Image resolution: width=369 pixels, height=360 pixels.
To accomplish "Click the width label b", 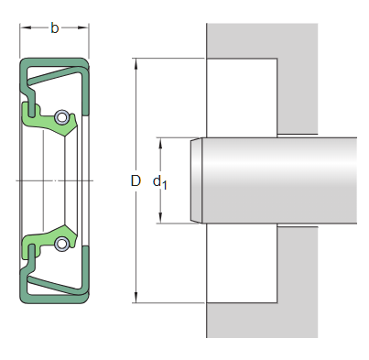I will pos(54,29).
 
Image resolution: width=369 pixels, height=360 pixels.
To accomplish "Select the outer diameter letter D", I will pos(136,181).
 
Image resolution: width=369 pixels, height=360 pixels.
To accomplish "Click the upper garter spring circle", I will pos(61,117).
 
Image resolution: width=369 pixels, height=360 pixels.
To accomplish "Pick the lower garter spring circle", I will pos(61,244).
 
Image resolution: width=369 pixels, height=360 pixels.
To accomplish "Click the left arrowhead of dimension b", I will pos(24,29).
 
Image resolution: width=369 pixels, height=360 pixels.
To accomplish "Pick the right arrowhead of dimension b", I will pos(87,29).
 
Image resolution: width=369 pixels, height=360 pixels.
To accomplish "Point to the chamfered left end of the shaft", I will pos(195,180).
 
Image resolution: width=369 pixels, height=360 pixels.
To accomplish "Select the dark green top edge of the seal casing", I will pos(55,61).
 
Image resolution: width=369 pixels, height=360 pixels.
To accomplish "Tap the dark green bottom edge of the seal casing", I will pos(55,300).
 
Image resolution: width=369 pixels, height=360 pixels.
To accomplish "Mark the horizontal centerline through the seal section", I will pos(55,180).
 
